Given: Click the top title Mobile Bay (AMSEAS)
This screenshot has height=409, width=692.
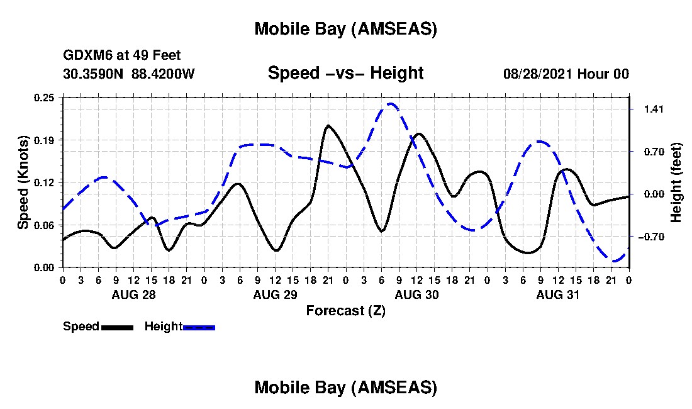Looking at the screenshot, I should tap(345, 29).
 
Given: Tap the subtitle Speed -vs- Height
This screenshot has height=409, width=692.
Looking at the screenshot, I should tap(345, 73).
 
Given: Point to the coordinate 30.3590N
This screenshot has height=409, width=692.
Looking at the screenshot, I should tap(94, 74).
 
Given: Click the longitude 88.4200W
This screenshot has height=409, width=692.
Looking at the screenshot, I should tap(163, 74).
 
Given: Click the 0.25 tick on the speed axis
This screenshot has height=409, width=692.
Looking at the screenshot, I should tap(45, 98).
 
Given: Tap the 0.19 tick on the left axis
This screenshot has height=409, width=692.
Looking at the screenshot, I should tap(45, 140).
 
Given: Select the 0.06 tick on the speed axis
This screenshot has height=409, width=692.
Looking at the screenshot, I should tap(45, 225).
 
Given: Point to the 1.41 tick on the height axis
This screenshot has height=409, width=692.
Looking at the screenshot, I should tap(650, 109).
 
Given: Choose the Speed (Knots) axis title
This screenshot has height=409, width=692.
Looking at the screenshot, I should tap(23, 182).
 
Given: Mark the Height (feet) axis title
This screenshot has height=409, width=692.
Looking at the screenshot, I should tap(676, 182).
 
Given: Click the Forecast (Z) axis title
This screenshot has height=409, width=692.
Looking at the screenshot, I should tap(345, 310).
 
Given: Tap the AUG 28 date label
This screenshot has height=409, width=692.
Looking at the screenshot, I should tap(133, 294).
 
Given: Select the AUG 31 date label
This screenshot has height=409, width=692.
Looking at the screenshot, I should tap(557, 294).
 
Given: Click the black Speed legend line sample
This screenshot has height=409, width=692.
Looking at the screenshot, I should tap(116, 327).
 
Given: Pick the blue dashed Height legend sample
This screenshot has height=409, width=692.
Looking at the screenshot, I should tap(199, 327).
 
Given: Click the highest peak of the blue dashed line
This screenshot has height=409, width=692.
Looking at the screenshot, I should tap(391, 104).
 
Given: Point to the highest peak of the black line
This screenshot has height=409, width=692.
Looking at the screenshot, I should tap(328, 126).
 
